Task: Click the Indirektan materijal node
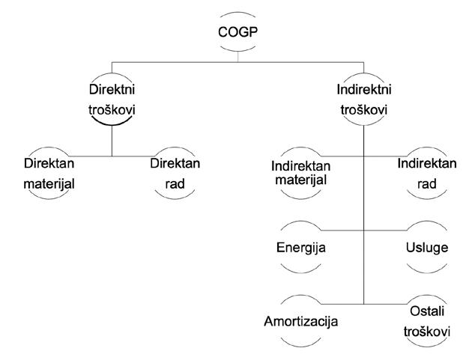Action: pyautogui.click(x=300, y=172)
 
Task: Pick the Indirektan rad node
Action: pyautogui.click(x=426, y=172)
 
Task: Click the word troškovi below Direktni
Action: pyautogui.click(x=112, y=108)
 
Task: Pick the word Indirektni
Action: pyautogui.click(x=363, y=88)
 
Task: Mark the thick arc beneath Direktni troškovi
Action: pyautogui.click(x=112, y=123)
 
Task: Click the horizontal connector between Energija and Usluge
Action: pyautogui.click(x=363, y=229)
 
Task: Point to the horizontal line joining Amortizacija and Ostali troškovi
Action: pyautogui.click(x=363, y=304)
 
